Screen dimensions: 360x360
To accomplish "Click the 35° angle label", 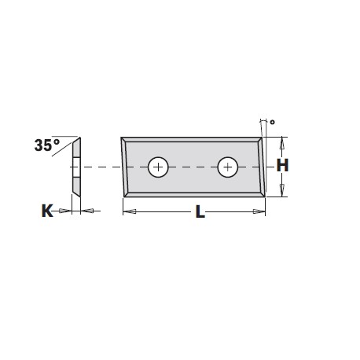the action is pyautogui.click(x=47, y=145).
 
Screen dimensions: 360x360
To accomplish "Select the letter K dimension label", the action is pyautogui.click(x=47, y=211).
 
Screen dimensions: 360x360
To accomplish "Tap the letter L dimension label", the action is pyautogui.click(x=200, y=211).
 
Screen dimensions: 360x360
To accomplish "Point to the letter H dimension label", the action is pyautogui.click(x=282, y=165).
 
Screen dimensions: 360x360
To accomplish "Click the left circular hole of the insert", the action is pyautogui.click(x=158, y=167).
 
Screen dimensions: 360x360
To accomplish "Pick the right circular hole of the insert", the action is pyautogui.click(x=228, y=167).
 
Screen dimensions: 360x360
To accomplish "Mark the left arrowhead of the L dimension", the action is pyautogui.click(x=130, y=211).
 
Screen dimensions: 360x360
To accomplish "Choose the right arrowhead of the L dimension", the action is pyautogui.click(x=259, y=211).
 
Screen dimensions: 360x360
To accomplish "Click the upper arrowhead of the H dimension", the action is pyautogui.click(x=282, y=143).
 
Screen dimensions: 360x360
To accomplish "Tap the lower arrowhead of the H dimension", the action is pyautogui.click(x=282, y=190).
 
